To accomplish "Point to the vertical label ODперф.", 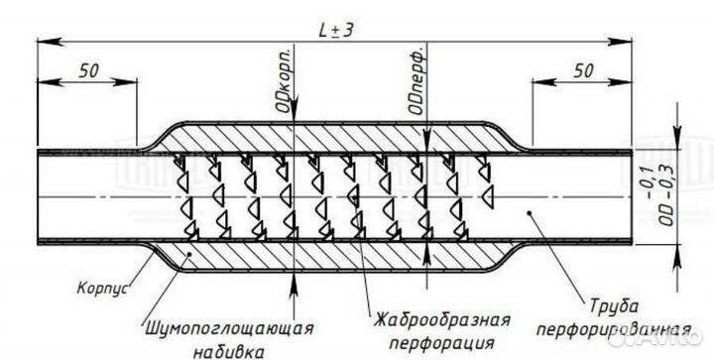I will click(x=418, y=74).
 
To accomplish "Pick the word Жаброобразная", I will click(x=443, y=319).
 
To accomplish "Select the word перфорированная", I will click(x=613, y=327).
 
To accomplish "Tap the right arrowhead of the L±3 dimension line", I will click(x=632, y=40).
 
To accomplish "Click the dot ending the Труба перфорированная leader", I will click(x=533, y=212).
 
